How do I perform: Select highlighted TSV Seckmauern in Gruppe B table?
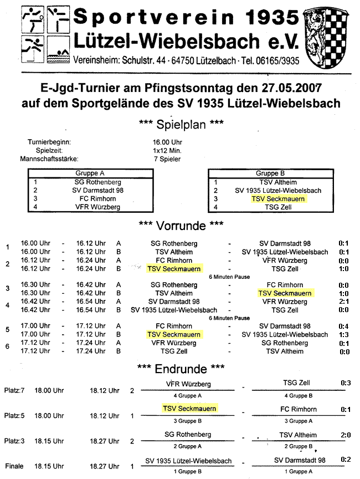coord(278,198)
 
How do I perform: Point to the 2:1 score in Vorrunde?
coord(344,302)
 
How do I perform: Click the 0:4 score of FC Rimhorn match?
coord(344,326)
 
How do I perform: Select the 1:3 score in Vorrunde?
coord(344,334)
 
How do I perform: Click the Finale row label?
coord(14,466)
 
